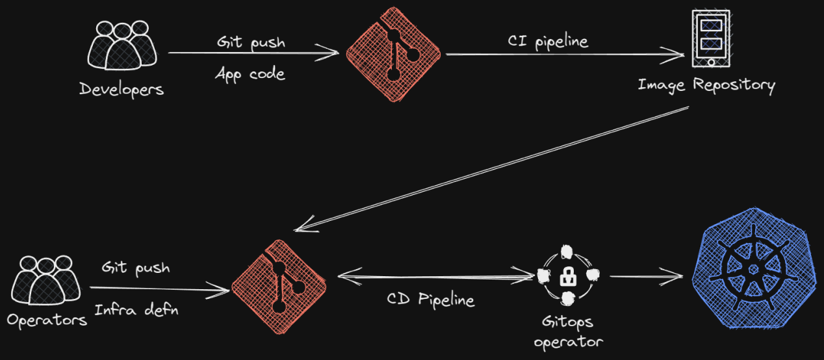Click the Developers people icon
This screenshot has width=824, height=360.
click(122, 46)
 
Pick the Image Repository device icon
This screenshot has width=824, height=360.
click(710, 38)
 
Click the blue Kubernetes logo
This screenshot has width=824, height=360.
click(753, 268)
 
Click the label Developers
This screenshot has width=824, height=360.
click(122, 89)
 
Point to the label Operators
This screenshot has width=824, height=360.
click(47, 320)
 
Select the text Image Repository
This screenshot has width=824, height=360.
click(706, 85)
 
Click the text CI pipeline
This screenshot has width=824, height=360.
click(547, 42)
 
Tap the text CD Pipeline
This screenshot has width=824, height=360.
click(430, 300)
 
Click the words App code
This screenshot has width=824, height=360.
click(250, 73)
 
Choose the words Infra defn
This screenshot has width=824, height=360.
click(136, 309)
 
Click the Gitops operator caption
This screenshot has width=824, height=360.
click(568, 331)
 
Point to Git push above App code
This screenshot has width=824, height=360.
click(251, 43)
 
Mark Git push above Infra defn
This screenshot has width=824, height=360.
click(135, 268)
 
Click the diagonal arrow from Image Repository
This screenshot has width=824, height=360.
click(491, 168)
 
